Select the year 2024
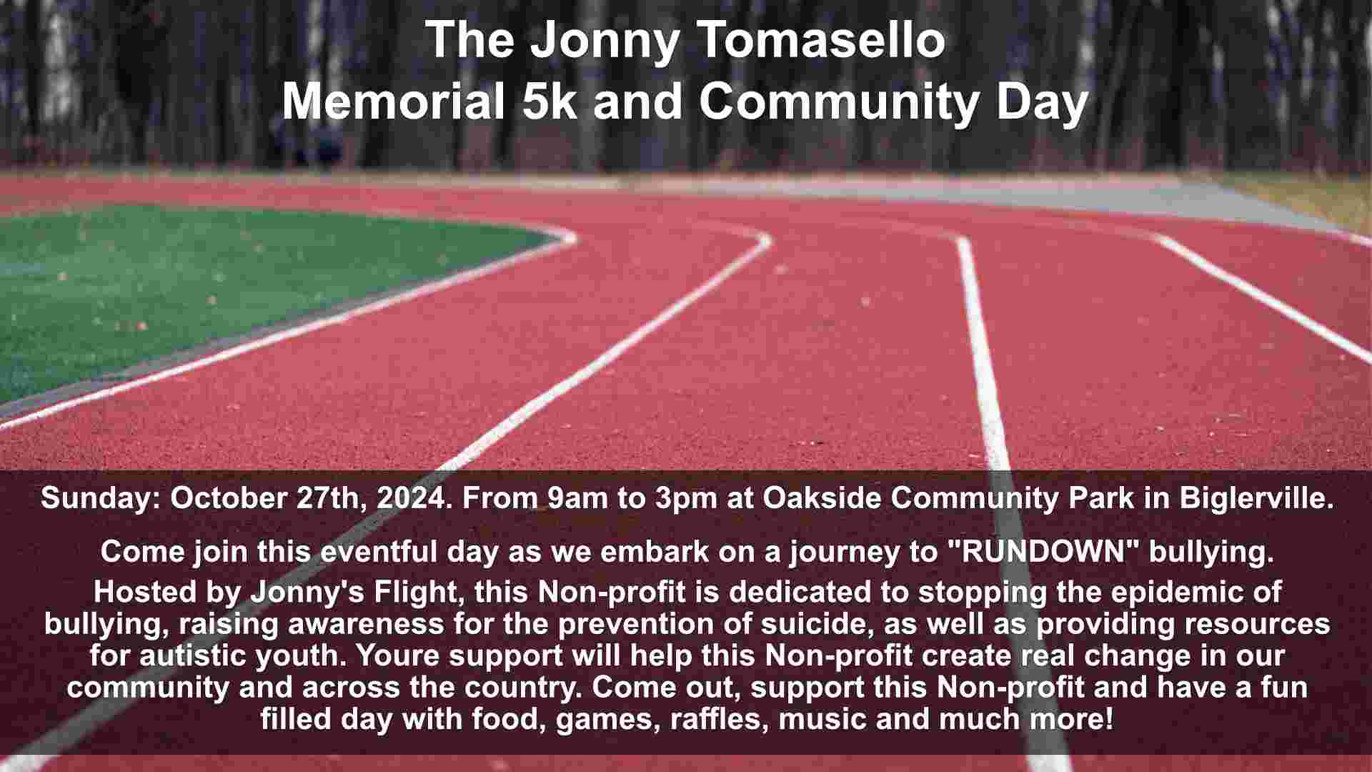(x=411, y=498)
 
